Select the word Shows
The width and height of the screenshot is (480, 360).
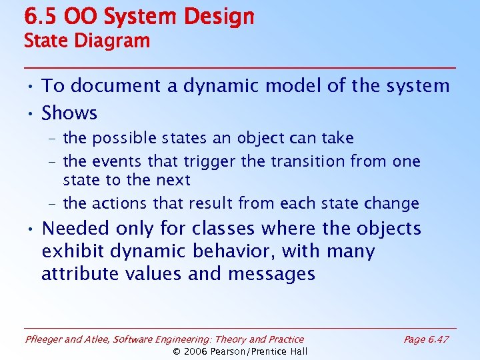(x=69, y=113)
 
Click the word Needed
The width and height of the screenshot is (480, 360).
(x=75, y=228)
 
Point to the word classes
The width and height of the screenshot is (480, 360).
(x=223, y=228)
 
